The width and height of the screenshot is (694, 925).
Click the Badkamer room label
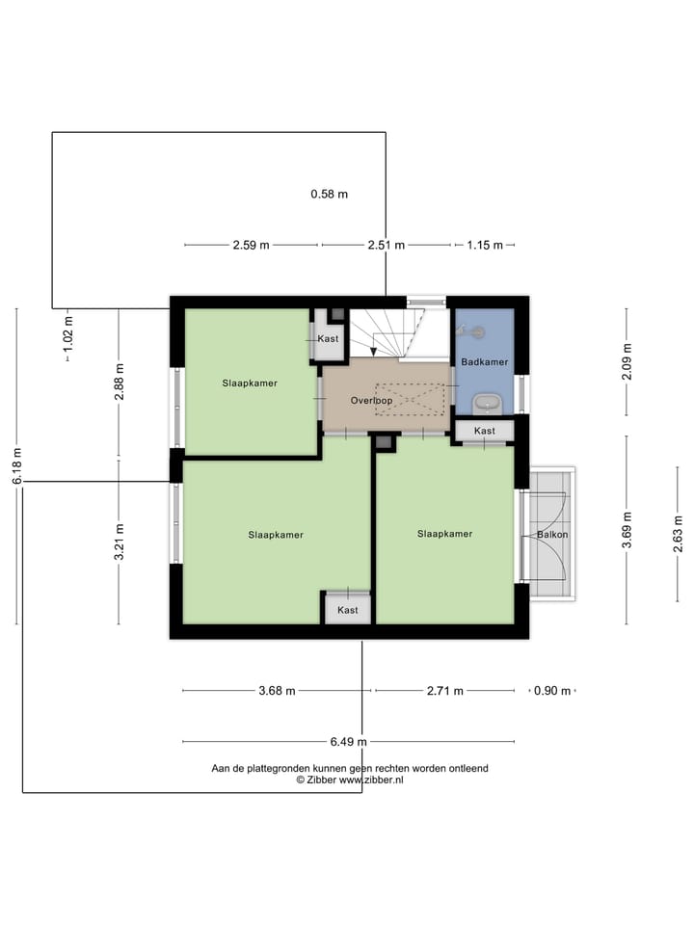tap(484, 362)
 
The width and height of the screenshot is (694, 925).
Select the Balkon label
tap(552, 534)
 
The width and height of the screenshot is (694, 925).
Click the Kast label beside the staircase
tap(328, 339)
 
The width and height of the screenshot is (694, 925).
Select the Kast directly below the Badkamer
tap(484, 431)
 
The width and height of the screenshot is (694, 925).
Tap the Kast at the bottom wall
tap(347, 610)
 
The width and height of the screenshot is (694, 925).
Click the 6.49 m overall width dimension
tap(348, 742)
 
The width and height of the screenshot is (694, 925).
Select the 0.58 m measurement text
tap(329, 194)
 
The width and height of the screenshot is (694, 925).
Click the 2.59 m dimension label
tap(251, 245)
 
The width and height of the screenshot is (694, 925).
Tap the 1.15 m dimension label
tap(485, 245)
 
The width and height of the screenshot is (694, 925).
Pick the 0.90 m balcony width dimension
tap(552, 691)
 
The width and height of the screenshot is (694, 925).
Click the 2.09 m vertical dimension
tap(627, 362)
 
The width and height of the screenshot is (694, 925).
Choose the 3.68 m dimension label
tap(278, 691)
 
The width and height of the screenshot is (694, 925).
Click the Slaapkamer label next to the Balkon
tap(444, 533)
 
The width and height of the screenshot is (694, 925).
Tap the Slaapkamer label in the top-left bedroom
tap(249, 383)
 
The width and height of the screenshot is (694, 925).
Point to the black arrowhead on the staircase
tap(374, 352)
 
